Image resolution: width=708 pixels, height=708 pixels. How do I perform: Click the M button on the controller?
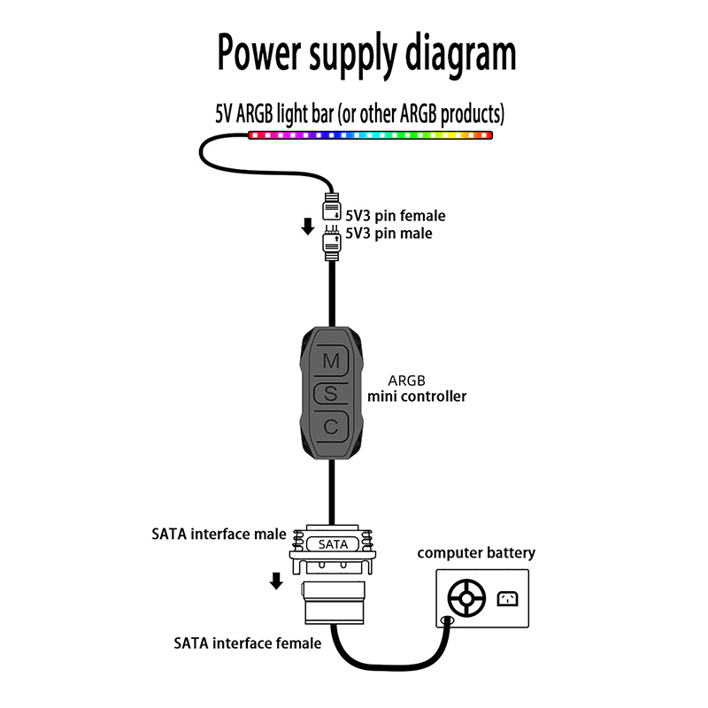click(331, 360)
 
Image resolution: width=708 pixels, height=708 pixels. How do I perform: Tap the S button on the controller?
click(331, 394)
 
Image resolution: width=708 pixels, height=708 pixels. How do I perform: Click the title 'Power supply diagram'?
click(366, 53)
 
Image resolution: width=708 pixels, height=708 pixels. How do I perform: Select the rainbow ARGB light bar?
click(369, 136)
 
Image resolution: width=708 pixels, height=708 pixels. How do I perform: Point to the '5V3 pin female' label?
click(395, 215)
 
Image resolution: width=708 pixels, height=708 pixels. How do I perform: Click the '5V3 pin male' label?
click(389, 233)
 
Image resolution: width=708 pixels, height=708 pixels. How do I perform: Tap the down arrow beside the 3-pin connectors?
click(307, 226)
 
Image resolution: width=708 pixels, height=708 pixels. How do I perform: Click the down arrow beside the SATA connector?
click(276, 581)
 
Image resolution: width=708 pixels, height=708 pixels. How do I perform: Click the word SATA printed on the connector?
click(333, 544)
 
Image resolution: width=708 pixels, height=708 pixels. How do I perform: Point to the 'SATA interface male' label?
click(219, 534)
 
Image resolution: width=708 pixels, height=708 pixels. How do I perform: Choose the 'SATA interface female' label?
click(247, 643)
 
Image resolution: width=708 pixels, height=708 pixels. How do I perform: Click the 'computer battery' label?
click(476, 553)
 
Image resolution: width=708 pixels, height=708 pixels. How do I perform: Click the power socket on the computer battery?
click(508, 599)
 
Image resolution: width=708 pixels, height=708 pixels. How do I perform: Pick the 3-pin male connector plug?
click(333, 242)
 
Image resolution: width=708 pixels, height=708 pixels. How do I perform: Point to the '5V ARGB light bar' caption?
click(359, 113)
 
